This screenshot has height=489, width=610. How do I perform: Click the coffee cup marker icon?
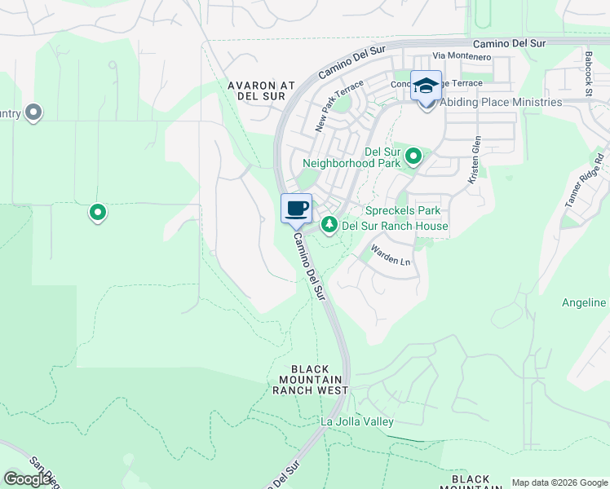click(x=297, y=208)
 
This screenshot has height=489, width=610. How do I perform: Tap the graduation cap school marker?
click(x=426, y=86)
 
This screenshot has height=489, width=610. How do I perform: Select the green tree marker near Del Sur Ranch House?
click(x=329, y=224)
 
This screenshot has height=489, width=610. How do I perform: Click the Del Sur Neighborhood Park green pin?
click(x=413, y=155)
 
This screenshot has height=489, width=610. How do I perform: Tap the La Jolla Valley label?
click(x=357, y=421)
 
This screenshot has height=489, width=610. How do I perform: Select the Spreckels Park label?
click(x=396, y=210)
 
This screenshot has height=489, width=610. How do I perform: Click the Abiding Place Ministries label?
click(x=501, y=103)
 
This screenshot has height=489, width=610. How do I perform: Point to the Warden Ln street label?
click(x=391, y=254)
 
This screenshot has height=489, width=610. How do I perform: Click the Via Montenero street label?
click(x=462, y=57)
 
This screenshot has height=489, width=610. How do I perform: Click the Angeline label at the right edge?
click(x=584, y=302)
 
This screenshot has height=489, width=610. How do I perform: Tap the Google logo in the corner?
click(x=28, y=478)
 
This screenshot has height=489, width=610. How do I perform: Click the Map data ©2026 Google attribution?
click(x=559, y=482)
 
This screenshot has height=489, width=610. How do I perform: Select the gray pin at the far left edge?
click(x=33, y=112)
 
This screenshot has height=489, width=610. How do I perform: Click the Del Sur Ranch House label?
click(x=395, y=226)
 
